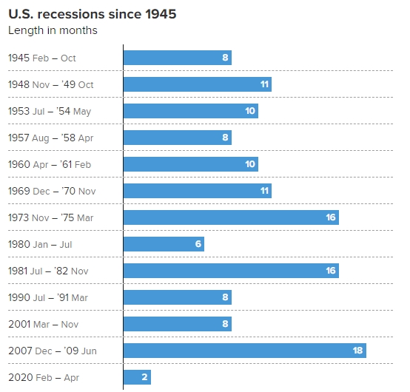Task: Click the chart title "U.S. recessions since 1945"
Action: [x=93, y=14]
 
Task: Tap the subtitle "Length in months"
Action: [x=53, y=30]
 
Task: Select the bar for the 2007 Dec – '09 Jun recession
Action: [x=245, y=351]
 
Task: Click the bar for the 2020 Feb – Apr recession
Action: [x=137, y=377]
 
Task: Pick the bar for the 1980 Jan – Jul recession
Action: [x=164, y=244]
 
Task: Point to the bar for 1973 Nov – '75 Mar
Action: [x=231, y=217]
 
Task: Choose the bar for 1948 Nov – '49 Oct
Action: [x=198, y=84]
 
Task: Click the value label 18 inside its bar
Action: [x=357, y=351]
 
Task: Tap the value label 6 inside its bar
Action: [x=198, y=244]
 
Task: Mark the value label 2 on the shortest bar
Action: [x=144, y=377]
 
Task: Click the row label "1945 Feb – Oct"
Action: [x=42, y=58]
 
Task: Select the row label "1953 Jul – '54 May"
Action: [x=50, y=112]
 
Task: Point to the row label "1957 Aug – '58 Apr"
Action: [x=51, y=138]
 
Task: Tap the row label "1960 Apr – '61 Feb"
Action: [x=50, y=165]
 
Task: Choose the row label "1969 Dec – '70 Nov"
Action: [x=52, y=191]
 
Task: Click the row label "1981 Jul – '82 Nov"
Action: [x=48, y=271]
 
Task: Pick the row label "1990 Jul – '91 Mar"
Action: [x=48, y=297]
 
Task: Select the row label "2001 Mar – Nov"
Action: [x=44, y=324]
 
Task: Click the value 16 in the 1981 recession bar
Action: [x=331, y=271]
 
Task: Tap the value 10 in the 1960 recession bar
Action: [x=250, y=164]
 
